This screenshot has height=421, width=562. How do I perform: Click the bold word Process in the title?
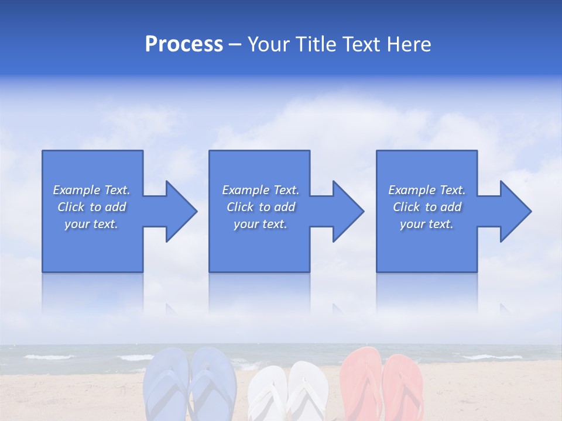(x=184, y=44)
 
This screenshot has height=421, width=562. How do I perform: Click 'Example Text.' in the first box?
(x=91, y=190)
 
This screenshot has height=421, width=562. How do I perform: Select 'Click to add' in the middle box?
(x=261, y=207)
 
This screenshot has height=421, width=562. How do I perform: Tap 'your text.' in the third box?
(x=426, y=224)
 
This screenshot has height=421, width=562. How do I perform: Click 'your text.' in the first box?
(x=91, y=224)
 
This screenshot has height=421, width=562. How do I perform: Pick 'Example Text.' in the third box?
(x=426, y=190)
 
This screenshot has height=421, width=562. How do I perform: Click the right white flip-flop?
(x=308, y=392)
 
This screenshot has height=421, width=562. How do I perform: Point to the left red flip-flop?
(x=361, y=383)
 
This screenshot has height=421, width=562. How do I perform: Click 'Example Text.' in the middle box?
(x=261, y=190)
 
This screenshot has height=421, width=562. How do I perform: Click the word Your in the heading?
(x=268, y=44)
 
